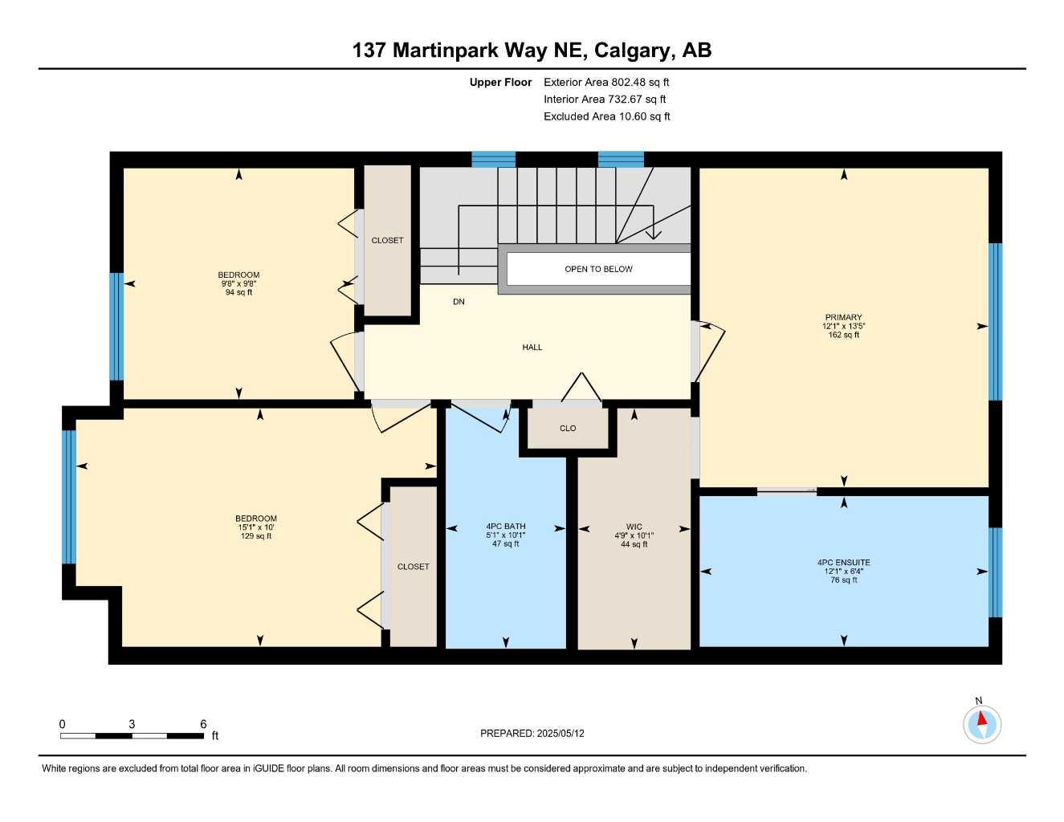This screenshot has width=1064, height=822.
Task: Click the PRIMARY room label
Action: click(843, 317)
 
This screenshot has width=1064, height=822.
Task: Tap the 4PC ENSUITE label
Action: click(843, 563)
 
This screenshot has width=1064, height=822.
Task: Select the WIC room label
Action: click(634, 527)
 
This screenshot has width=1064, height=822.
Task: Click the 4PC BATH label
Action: click(506, 527)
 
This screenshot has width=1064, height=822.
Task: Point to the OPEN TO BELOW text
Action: click(598, 269)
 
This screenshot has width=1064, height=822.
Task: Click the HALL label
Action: click(532, 348)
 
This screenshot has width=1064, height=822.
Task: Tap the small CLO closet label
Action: click(568, 429)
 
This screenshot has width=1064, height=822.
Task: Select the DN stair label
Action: click(459, 302)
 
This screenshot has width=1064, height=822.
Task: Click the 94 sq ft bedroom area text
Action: click(238, 293)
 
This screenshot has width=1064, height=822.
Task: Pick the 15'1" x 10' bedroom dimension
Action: click(256, 527)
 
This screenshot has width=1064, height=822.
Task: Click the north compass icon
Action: click(981, 724)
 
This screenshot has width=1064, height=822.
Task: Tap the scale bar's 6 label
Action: click(203, 724)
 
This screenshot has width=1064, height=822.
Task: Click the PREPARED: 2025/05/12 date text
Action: click(532, 733)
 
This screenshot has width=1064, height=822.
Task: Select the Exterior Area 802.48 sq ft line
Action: click(606, 82)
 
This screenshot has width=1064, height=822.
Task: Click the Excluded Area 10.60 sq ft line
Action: click(606, 116)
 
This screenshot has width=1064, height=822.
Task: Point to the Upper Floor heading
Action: click(500, 82)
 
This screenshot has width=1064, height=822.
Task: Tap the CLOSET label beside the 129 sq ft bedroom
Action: click(413, 567)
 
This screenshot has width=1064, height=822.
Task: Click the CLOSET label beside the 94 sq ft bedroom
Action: click(387, 241)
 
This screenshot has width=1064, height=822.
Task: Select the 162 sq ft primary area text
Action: click(843, 335)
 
